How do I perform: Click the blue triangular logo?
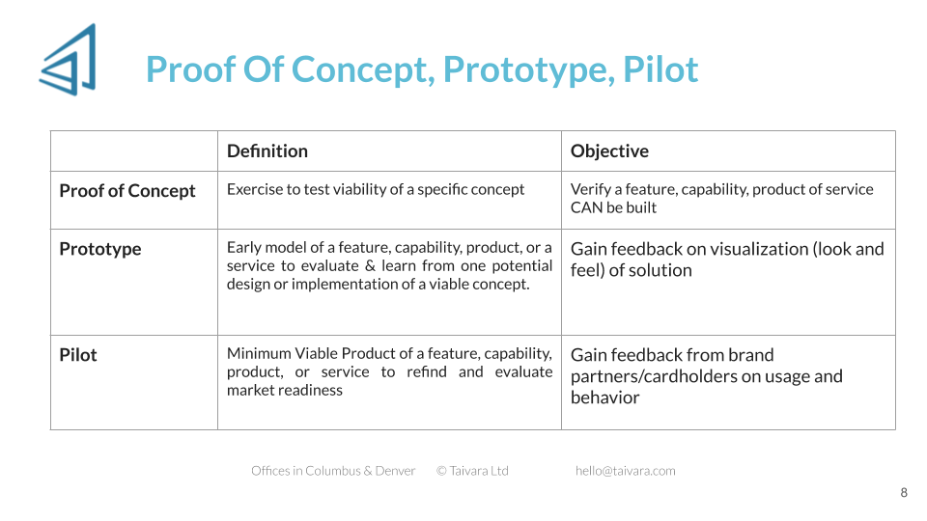coord(70,60)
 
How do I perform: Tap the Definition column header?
coord(267,151)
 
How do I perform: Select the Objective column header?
coord(609,151)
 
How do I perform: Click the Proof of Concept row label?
coord(127,191)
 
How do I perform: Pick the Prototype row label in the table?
coord(99,249)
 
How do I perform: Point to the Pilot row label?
coord(78,355)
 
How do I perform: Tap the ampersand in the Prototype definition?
coord(370,266)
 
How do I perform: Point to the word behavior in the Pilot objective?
coord(604,398)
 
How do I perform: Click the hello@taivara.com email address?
coord(626,471)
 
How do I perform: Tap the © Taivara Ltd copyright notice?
coord(472,471)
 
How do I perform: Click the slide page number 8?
coord(904,493)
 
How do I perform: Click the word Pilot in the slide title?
coord(660,69)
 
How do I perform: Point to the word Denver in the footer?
coord(395,471)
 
